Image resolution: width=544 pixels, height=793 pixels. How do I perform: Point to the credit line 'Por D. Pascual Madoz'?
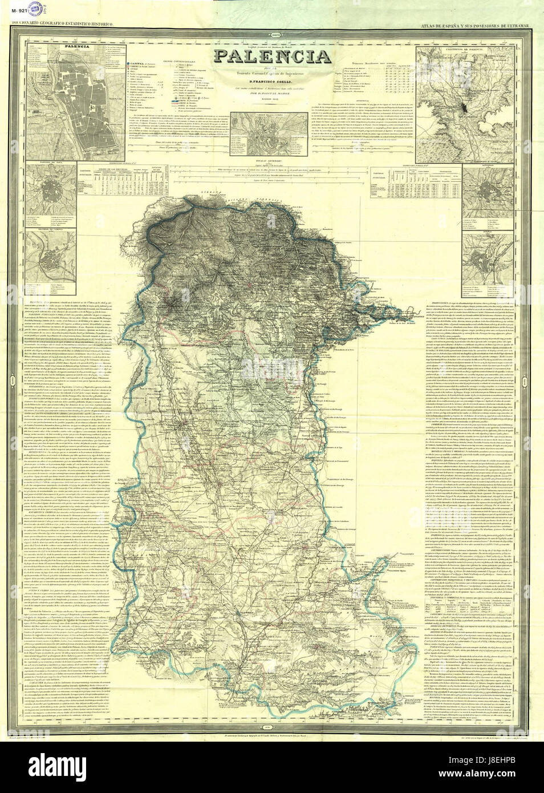[x=271, y=93]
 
